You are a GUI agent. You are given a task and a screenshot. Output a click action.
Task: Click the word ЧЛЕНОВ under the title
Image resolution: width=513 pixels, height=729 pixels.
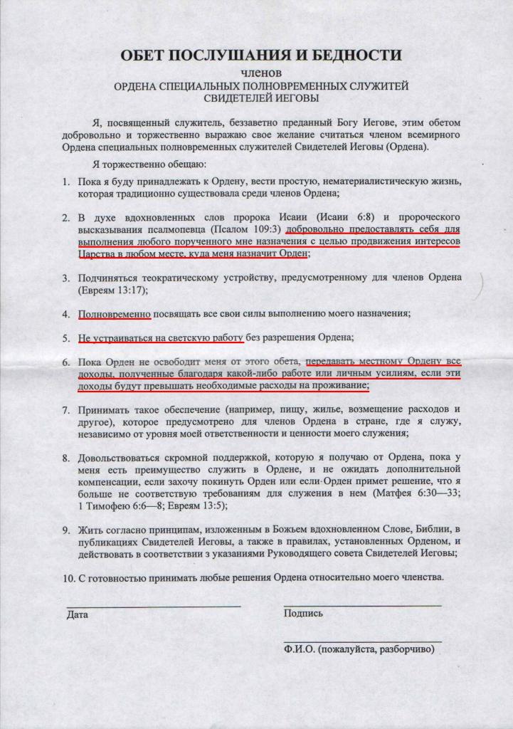click(261, 73)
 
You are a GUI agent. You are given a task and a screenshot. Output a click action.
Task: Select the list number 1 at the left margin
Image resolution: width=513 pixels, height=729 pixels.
click(65, 182)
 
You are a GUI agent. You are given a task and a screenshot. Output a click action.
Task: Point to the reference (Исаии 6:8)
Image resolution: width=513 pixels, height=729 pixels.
click(365, 216)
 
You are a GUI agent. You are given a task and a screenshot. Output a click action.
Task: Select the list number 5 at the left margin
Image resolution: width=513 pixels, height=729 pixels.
click(65, 337)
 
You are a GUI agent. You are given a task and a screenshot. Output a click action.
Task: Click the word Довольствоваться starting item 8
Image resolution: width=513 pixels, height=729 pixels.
click(125, 458)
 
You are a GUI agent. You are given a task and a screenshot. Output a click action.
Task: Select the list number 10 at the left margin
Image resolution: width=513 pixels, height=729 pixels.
click(68, 578)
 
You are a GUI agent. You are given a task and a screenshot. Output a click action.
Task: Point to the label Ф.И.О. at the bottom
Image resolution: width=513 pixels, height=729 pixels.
click(300, 650)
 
